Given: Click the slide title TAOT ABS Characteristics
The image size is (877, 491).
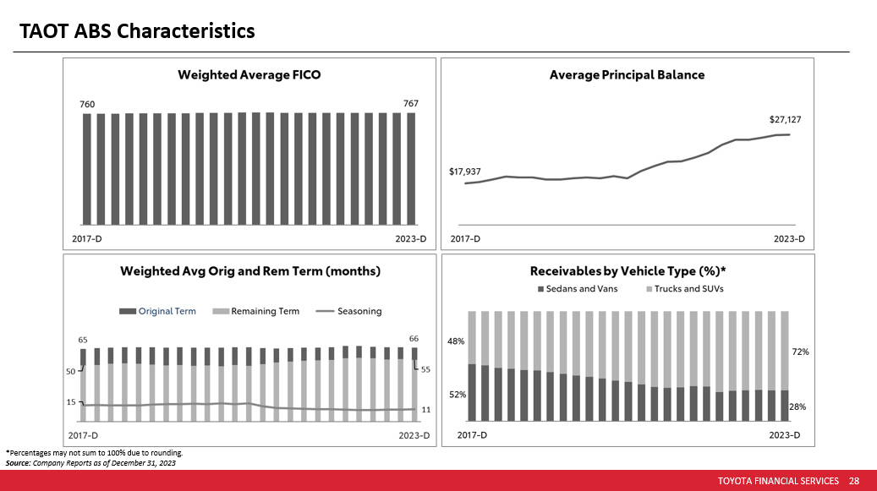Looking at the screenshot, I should coord(138,31).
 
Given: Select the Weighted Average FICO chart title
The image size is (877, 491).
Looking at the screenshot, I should coord(249,74).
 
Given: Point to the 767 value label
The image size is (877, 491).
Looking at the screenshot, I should coord(410,103).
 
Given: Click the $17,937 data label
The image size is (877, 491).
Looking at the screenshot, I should coord(465,172).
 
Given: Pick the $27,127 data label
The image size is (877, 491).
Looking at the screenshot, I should coord(785,120).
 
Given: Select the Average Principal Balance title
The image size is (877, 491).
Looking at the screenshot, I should coord(627,74).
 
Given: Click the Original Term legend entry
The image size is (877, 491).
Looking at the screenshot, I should coord(167,311).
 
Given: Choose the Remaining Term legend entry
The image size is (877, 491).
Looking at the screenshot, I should coord(266,311).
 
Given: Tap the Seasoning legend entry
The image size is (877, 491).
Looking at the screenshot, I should coord(359,311).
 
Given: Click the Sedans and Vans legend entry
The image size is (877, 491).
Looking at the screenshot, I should coord(582,289).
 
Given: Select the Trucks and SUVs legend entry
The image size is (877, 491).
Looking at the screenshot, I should coord(688,289).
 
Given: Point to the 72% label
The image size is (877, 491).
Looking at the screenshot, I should coord(801,351).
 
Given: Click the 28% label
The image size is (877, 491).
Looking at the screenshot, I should coord(798,406).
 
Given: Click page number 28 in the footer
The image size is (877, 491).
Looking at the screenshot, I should coord(853,481).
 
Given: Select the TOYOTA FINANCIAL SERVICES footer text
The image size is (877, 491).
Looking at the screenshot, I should coord(778,481).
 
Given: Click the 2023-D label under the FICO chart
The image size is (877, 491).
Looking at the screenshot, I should coord(412,239).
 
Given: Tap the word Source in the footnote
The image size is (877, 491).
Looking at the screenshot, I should coord(17,463).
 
